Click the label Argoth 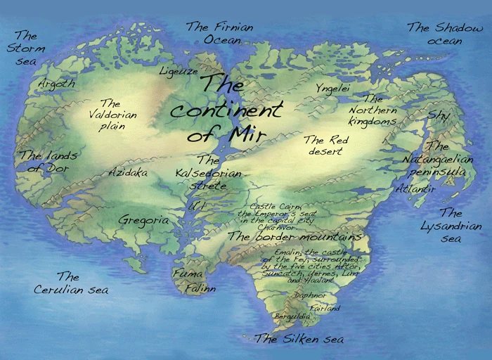[56, 84]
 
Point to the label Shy [439, 115]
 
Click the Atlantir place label [415, 189]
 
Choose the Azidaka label [128, 172]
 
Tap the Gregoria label [143, 220]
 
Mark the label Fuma [188, 274]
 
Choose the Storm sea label [26, 49]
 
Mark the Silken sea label [300, 339]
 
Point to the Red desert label [324, 146]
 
